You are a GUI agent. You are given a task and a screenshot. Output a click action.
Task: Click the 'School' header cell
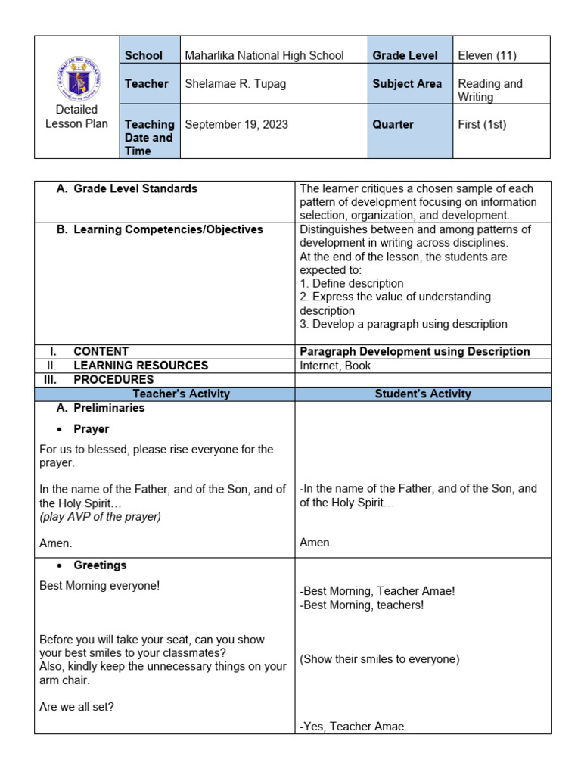point(144,55)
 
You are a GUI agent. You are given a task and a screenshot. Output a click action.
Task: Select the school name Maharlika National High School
point(264,55)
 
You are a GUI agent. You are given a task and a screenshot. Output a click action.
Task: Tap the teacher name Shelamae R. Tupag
point(235,84)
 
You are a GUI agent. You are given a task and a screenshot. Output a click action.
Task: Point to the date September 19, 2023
point(236,124)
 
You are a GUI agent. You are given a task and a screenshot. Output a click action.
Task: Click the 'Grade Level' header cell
point(405,55)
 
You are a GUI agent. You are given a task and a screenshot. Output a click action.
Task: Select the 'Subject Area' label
point(407,84)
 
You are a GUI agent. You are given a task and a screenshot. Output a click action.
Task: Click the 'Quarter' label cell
point(393,124)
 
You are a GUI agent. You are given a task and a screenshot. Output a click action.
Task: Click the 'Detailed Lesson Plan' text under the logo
point(76,117)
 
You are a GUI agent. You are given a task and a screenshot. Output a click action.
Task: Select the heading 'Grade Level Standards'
point(135,188)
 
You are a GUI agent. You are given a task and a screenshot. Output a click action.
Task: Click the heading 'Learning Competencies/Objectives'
point(168,229)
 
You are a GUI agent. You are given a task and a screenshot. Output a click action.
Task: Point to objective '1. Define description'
point(352,283)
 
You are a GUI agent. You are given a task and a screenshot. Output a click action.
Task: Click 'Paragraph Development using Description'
point(415,351)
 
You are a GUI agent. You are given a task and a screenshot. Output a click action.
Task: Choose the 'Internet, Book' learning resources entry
point(335,366)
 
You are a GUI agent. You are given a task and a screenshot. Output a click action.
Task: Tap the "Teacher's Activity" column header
point(181,394)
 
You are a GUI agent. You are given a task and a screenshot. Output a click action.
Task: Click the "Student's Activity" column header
point(423,394)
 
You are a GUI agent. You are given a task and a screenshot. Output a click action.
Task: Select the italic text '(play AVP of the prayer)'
point(100,517)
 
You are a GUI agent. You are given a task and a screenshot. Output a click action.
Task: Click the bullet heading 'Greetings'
point(100,565)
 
